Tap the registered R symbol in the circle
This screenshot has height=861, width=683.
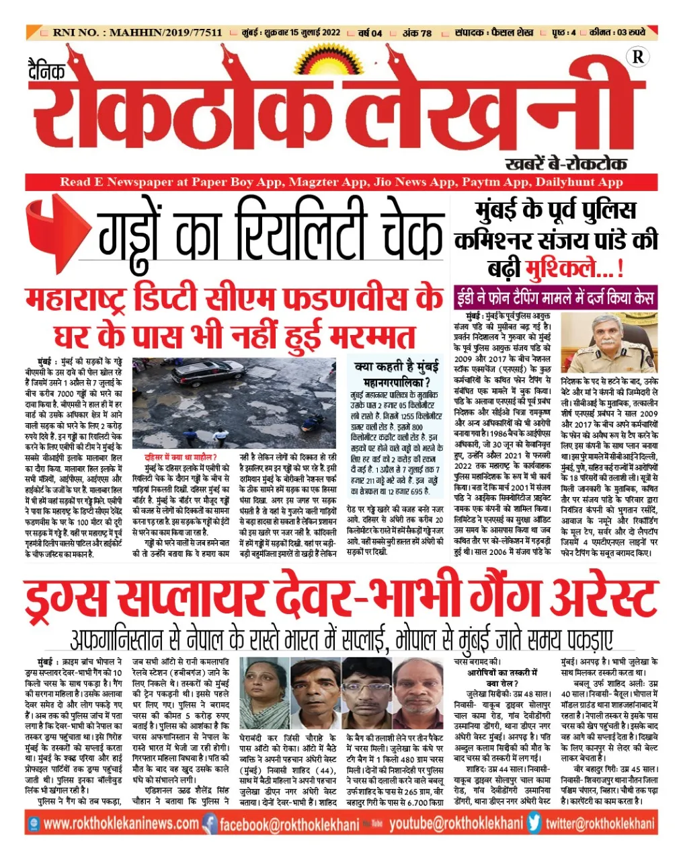tap(637, 57)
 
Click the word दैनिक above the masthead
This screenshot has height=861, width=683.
tap(46, 69)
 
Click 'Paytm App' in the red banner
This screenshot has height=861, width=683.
tap(494, 182)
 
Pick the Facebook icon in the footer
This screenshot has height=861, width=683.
tap(210, 823)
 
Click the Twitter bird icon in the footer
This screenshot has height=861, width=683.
tap(534, 823)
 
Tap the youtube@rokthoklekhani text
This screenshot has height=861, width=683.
tap(456, 823)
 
